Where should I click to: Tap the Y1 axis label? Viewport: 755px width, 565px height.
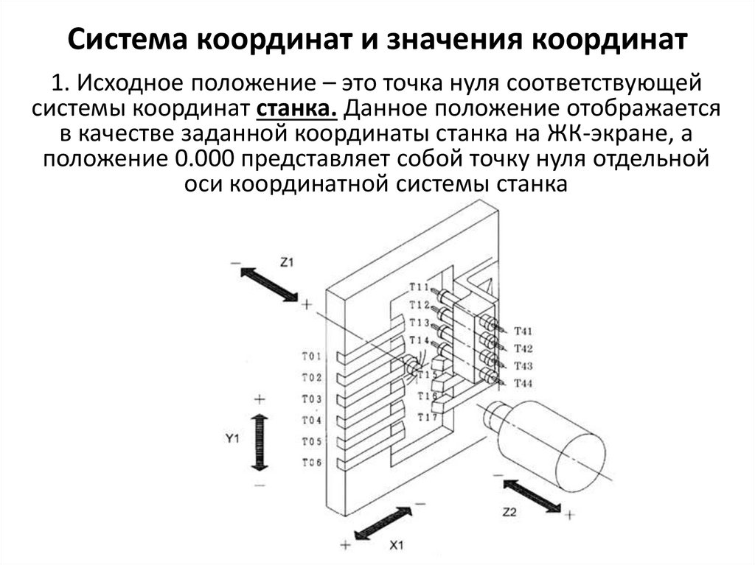[x=233, y=438]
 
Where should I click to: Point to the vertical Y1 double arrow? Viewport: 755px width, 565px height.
[x=259, y=441]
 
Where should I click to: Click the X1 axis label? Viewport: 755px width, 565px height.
[x=396, y=545]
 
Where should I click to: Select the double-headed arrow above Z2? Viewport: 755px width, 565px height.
[x=530, y=494]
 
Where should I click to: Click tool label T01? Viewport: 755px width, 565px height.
[x=312, y=357]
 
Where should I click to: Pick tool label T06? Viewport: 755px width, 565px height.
[x=312, y=463]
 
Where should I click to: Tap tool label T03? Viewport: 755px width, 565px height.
[x=312, y=399]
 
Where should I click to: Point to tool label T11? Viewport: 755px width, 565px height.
[x=420, y=287]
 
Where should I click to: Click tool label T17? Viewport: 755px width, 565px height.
[x=428, y=418]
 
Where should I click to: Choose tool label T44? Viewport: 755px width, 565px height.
[x=523, y=384]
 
